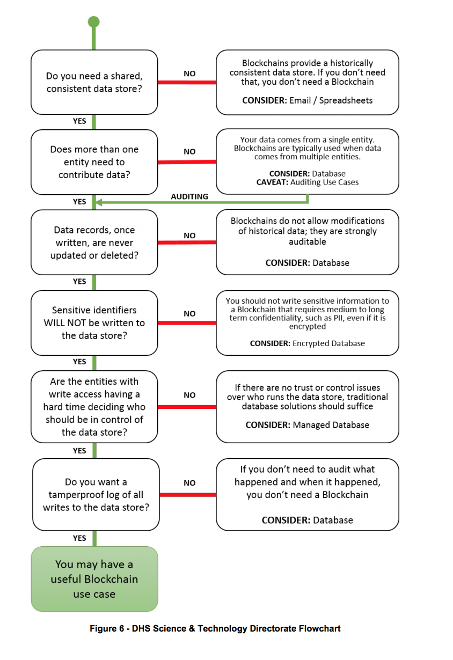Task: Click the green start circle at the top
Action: pos(94,22)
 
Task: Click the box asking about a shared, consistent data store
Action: pos(94,82)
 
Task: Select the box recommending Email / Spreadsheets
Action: pos(308,82)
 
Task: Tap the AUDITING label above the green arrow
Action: pos(189,196)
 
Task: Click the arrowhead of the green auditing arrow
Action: pos(99,202)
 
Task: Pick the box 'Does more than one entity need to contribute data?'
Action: pos(94,162)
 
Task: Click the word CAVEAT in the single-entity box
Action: pos(272,182)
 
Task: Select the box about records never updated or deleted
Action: pos(94,243)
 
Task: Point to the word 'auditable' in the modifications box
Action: pos(308,241)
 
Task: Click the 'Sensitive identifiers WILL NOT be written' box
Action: pos(94,323)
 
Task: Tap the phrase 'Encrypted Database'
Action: pos(328,343)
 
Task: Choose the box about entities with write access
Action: pos(94,407)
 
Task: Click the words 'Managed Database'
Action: pos(331,425)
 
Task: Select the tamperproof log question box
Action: pos(96,495)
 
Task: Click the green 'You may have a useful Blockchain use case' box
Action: pos(94,579)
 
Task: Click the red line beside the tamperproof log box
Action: pos(188,495)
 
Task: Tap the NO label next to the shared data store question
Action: pos(189,74)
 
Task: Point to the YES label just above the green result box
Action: pos(79,538)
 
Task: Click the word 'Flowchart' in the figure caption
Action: pos(320,628)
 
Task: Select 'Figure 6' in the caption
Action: pos(107,628)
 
